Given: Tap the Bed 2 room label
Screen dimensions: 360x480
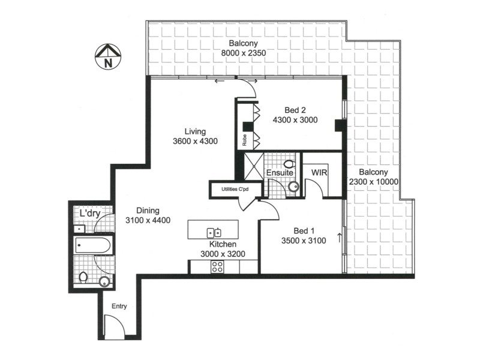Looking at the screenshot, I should tap(295, 110).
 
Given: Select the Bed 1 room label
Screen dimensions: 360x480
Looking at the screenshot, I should tap(303, 231).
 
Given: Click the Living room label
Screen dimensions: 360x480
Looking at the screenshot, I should tap(195, 131).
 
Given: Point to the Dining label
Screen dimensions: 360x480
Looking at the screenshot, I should tap(148, 211).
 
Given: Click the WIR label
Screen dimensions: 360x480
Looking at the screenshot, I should tap(319, 172).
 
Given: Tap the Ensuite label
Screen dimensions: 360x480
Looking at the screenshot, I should tap(280, 173).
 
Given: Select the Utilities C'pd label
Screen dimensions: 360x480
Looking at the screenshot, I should tap(235, 189).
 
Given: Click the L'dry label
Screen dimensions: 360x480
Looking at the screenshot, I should tap(90, 213).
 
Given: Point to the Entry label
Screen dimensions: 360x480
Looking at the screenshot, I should tap(119, 306).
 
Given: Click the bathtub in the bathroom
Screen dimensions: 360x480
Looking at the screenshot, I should tap(93, 245).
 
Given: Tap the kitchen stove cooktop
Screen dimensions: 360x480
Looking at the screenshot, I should tap(217, 268).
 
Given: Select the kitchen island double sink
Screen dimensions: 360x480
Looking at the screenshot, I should tap(214, 232).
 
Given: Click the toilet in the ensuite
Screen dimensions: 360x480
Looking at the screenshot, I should tap(289, 163).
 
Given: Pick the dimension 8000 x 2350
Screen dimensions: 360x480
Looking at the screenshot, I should tap(242, 53).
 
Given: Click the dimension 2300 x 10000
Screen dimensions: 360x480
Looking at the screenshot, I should tap(374, 181).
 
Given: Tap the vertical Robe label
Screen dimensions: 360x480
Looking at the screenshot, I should tap(245, 140).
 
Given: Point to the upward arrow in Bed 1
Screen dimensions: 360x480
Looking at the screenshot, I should tap(340, 237).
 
